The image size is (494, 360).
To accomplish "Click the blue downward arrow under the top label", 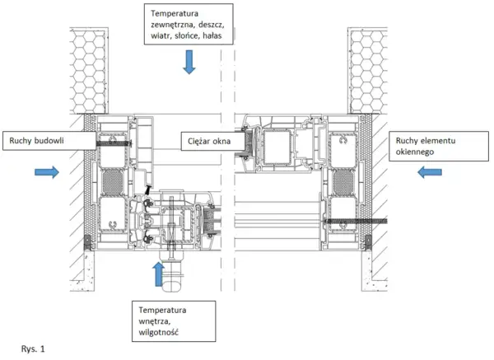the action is [189, 62].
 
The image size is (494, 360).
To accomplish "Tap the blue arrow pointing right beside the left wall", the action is [47, 172].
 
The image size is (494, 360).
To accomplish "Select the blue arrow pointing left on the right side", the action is [430, 172].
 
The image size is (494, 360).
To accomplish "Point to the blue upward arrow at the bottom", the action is [158, 274].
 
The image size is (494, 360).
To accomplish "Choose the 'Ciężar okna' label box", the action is [213, 141].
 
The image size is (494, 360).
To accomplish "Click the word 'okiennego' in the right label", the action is [415, 152].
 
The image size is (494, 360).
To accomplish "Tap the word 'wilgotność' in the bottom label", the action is [158, 332].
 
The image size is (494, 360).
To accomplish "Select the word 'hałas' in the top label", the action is [212, 35].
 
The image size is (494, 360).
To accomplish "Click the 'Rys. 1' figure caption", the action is [33, 349].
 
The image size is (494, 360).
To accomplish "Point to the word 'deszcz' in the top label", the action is [212, 25].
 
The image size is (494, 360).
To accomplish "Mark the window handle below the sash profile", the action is [172, 273].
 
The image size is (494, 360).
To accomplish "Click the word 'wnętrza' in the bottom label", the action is [155, 321].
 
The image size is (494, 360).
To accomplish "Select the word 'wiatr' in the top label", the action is [160, 35].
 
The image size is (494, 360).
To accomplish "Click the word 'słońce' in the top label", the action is [186, 35].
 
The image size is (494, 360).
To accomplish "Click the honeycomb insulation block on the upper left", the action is [89, 71].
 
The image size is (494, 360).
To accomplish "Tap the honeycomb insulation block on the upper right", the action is [367, 71].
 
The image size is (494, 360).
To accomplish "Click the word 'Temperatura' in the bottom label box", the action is [162, 311].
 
